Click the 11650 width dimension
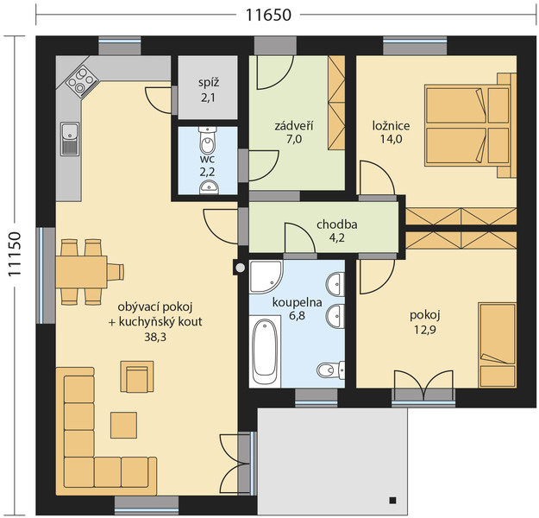268,15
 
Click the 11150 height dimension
15,255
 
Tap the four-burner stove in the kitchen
81,81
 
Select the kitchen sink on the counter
70,139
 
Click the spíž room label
209,83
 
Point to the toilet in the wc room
208,141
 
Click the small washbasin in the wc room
209,187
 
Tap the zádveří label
294,126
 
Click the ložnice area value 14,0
392,139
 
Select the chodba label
337,224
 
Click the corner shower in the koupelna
266,277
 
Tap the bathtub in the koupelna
265,351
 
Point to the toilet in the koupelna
330,370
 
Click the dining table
81,272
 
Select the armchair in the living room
137,376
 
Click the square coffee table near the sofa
123,425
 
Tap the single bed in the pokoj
497,345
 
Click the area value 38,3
155,338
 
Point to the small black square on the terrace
393,500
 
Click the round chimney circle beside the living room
241,268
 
